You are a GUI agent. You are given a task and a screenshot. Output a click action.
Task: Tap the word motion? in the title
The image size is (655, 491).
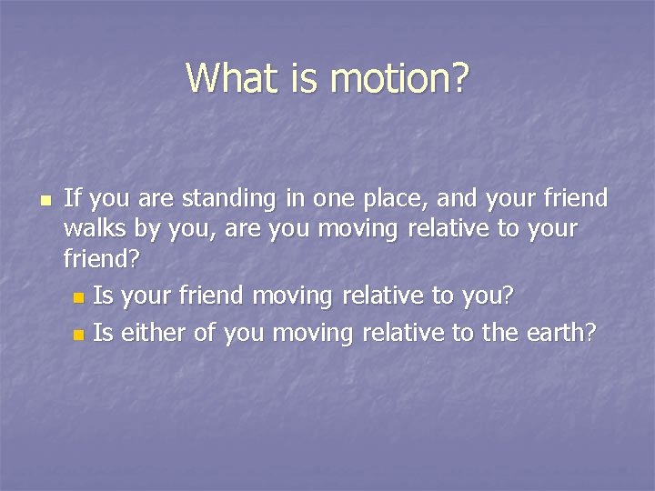[400, 78]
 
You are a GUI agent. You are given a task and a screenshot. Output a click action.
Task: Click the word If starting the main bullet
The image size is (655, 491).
[74, 197]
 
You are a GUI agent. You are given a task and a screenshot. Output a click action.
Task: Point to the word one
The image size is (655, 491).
[333, 199]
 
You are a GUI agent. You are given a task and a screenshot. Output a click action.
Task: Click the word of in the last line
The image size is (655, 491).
[206, 333]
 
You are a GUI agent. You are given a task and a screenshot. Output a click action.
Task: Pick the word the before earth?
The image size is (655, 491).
[499, 333]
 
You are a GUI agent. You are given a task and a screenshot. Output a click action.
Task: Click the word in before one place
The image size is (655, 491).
[297, 197]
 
